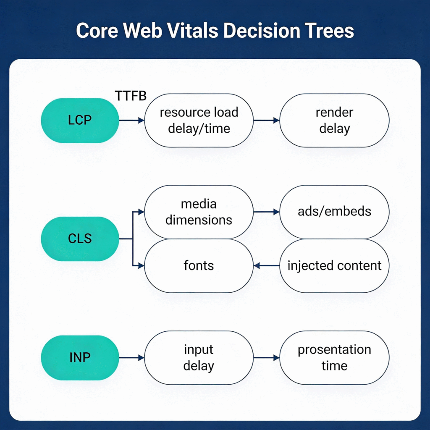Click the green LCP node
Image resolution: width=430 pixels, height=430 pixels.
tap(80, 120)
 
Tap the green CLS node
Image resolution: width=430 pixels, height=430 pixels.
tap(80, 239)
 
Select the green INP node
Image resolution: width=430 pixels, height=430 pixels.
tap(80, 358)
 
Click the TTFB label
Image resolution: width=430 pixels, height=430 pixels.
tap(131, 96)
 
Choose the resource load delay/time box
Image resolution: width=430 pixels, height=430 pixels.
tap(199, 120)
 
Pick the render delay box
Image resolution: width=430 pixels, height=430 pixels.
tap(334, 120)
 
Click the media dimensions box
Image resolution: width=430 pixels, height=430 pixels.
tap(199, 212)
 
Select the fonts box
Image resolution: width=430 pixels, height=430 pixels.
tap(199, 265)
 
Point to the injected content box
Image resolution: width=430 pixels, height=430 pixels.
tap(334, 265)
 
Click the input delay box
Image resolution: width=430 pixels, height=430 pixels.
tap(199, 358)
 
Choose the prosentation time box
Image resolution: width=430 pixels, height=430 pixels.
tap(334, 358)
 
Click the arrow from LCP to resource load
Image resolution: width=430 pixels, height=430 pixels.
tap(131, 121)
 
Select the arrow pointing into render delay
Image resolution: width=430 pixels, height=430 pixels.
tap(266, 121)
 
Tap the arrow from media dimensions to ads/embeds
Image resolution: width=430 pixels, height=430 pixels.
tap(266, 212)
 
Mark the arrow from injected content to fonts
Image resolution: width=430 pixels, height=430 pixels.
tap(266, 266)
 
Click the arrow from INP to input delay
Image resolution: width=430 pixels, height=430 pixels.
tap(131, 358)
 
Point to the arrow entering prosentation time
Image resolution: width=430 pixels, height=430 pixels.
tap(266, 358)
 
